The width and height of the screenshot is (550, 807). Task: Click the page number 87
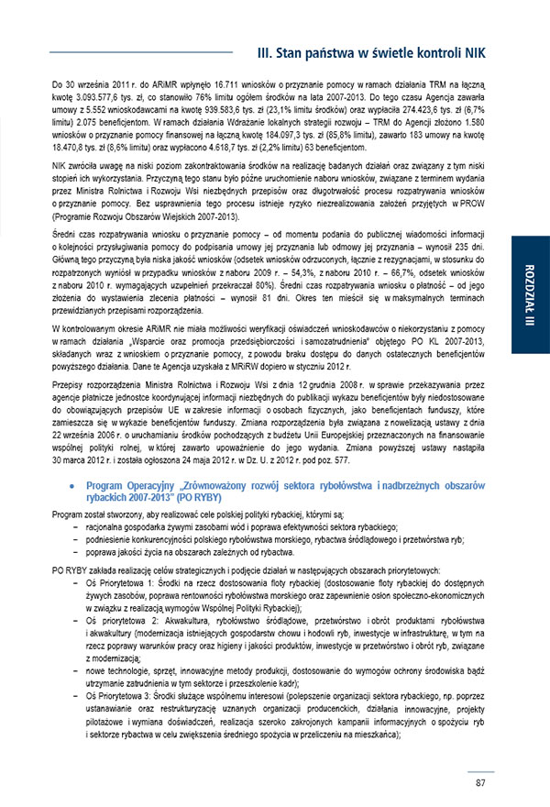click(480, 782)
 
